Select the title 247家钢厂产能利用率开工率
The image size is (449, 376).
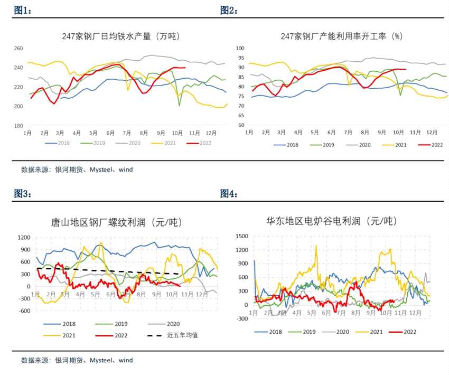(x=341, y=36)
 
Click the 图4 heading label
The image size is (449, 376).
(x=229, y=194)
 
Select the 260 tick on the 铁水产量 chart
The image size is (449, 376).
(x=18, y=49)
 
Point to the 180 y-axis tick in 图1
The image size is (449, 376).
(x=18, y=126)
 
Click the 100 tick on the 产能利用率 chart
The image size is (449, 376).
(x=239, y=48)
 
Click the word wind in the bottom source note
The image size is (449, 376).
(x=126, y=361)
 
